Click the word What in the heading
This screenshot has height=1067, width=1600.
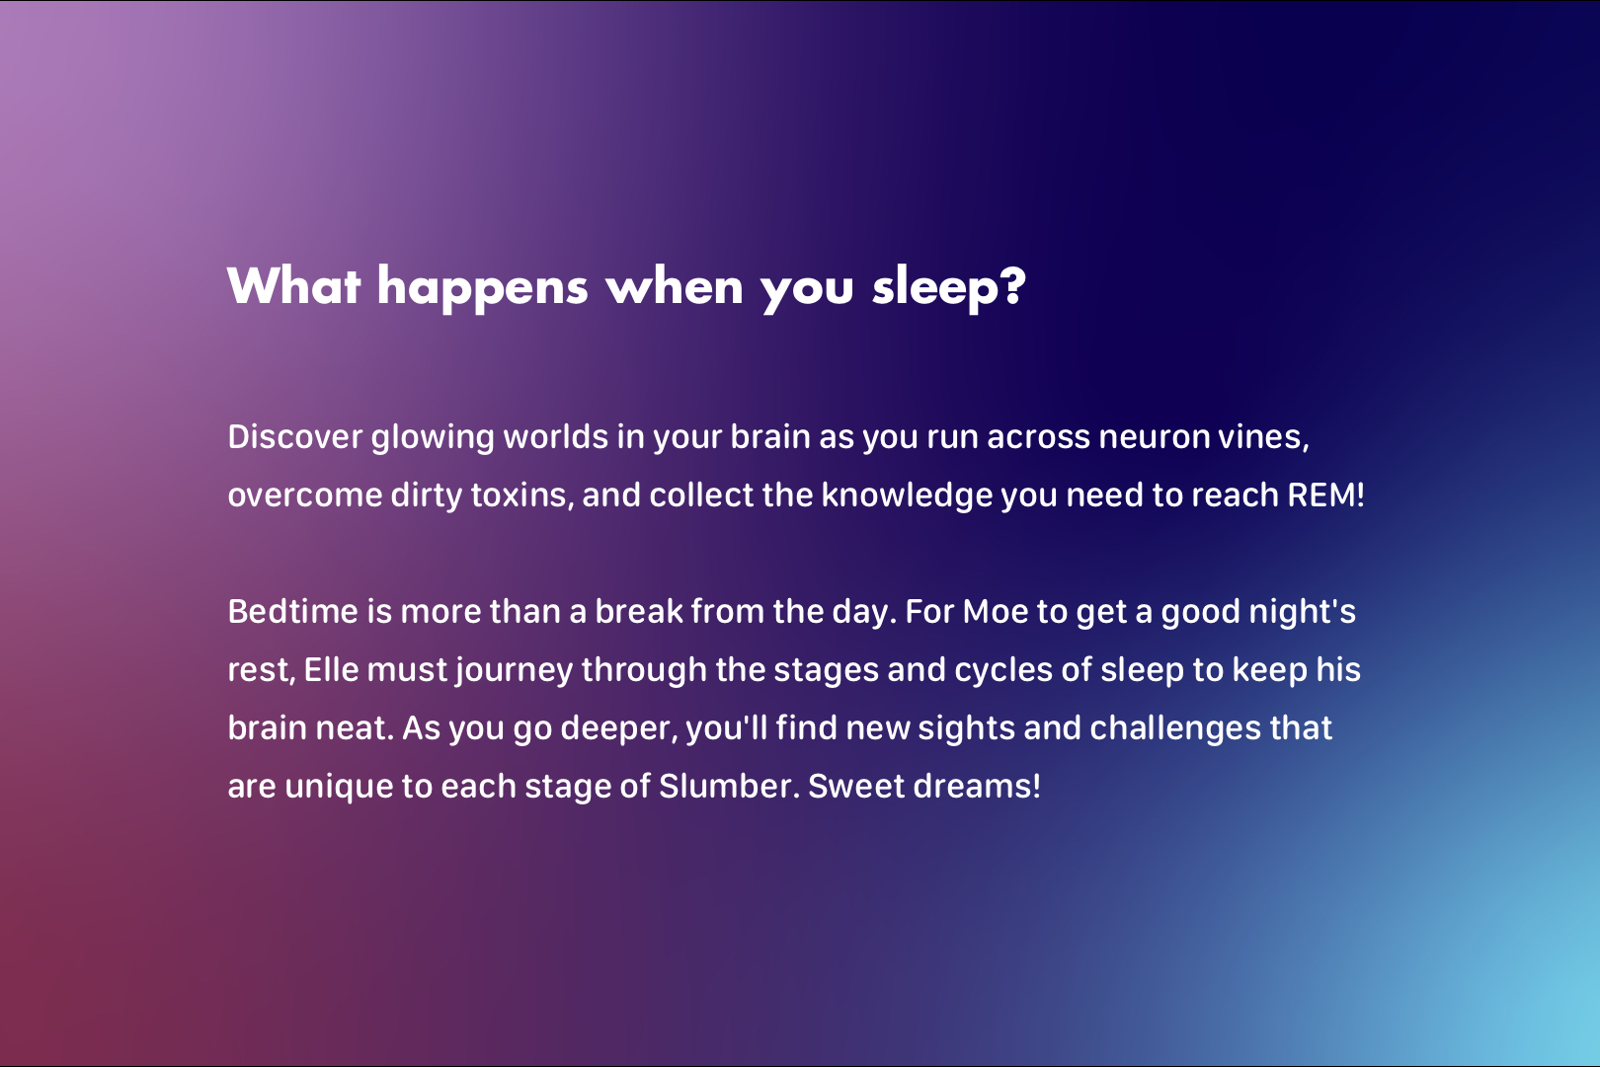coord(293,286)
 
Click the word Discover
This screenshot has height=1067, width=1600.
coord(295,437)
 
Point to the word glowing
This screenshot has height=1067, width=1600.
coord(433,439)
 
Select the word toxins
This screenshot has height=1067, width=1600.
coord(519,495)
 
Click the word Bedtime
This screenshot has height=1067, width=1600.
coord(293,612)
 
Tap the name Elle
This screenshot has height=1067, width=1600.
coord(332,670)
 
